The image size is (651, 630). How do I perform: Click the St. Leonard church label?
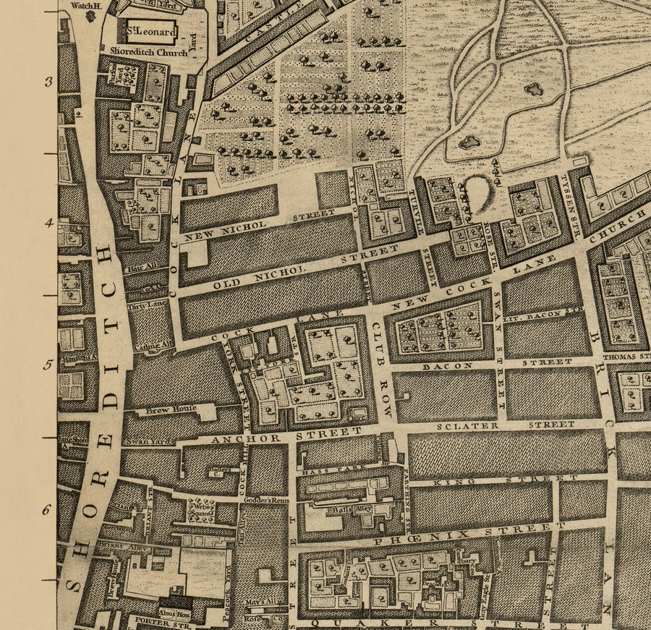(x=150, y=32)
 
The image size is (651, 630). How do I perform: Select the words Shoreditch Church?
(x=148, y=51)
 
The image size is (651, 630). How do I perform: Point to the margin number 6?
(x=46, y=510)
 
